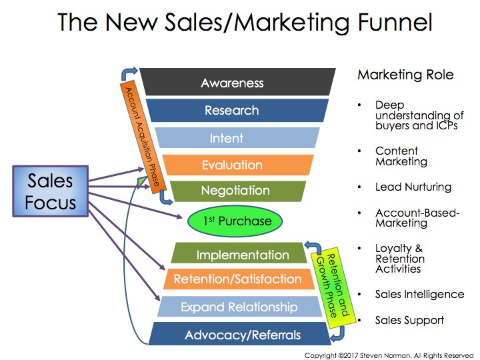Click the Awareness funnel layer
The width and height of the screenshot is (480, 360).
(x=232, y=83)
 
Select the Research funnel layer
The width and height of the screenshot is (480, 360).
(x=232, y=111)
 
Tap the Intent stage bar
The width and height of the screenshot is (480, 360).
(x=227, y=139)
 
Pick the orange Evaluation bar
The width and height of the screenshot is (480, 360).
(x=232, y=165)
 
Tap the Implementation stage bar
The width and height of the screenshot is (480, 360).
(x=242, y=255)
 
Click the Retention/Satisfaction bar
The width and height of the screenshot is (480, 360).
(x=237, y=279)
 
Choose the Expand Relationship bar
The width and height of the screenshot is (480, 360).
(x=239, y=307)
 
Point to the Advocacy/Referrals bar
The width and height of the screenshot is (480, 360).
(x=243, y=334)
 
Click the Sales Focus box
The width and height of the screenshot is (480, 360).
(x=50, y=192)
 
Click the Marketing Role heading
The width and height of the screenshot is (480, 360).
(x=405, y=75)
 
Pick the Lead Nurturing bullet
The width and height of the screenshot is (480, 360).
(x=413, y=187)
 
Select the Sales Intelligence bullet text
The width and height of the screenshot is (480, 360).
(x=419, y=294)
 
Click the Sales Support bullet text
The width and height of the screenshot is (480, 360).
(x=409, y=320)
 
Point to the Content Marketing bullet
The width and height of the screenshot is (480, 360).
(x=401, y=156)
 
